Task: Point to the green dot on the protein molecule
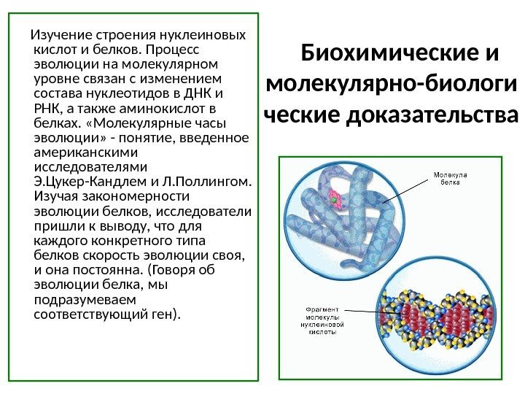pos(335,198)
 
